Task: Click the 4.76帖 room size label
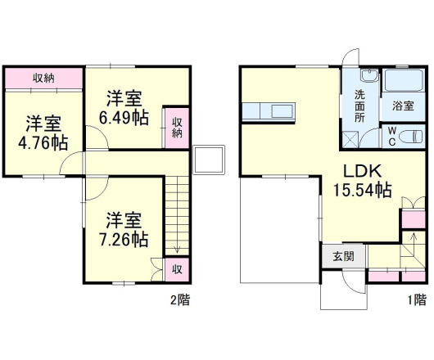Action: click(43, 142)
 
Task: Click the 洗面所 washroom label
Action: click(359, 106)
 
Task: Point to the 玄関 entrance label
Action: click(342, 256)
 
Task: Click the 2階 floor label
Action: click(180, 299)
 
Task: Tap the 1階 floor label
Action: click(417, 299)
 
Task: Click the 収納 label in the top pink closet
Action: click(43, 79)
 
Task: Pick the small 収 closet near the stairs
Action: click(176, 268)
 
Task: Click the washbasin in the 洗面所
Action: click(365, 79)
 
